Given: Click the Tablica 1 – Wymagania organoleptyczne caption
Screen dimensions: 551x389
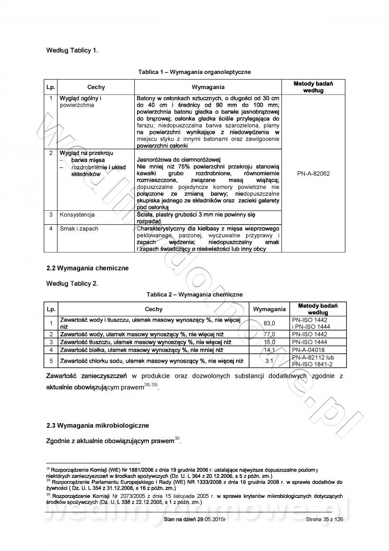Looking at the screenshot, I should [x=194, y=72].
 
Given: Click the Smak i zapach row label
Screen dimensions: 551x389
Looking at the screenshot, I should [x=79, y=228].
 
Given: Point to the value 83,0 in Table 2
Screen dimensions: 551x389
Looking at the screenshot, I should [x=269, y=323].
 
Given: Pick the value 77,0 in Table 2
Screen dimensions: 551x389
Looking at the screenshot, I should [x=269, y=334].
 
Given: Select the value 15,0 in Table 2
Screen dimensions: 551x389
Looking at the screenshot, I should [x=269, y=342].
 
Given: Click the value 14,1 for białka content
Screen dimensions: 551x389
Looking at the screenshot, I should [x=269, y=349].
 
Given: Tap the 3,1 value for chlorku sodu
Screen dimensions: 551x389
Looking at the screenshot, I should [x=269, y=361].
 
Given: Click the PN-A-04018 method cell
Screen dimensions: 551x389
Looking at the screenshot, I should [x=308, y=349].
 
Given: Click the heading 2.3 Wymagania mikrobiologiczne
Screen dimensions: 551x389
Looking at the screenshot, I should [x=98, y=425].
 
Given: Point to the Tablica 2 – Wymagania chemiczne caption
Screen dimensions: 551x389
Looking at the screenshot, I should [x=194, y=294].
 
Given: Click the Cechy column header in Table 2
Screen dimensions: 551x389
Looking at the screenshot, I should [x=154, y=309].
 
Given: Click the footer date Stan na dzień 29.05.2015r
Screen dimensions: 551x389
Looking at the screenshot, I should [x=195, y=519].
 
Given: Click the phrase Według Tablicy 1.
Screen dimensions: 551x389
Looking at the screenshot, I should [x=72, y=50].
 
